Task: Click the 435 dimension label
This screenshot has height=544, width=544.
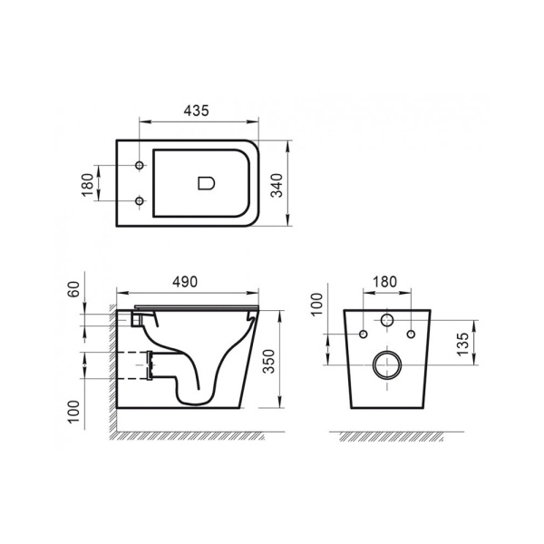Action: click(197, 111)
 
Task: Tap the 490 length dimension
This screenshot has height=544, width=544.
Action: click(185, 282)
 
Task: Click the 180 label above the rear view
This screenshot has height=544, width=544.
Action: click(385, 282)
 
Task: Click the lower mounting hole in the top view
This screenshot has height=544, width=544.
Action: click(139, 201)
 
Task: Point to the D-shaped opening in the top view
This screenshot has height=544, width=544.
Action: click(206, 184)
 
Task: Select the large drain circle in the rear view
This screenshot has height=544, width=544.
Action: click(386, 366)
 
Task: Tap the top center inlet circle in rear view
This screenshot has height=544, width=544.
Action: click(386, 321)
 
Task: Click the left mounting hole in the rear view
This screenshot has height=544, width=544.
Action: click(364, 335)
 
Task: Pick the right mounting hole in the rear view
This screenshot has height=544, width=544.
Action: click(410, 335)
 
